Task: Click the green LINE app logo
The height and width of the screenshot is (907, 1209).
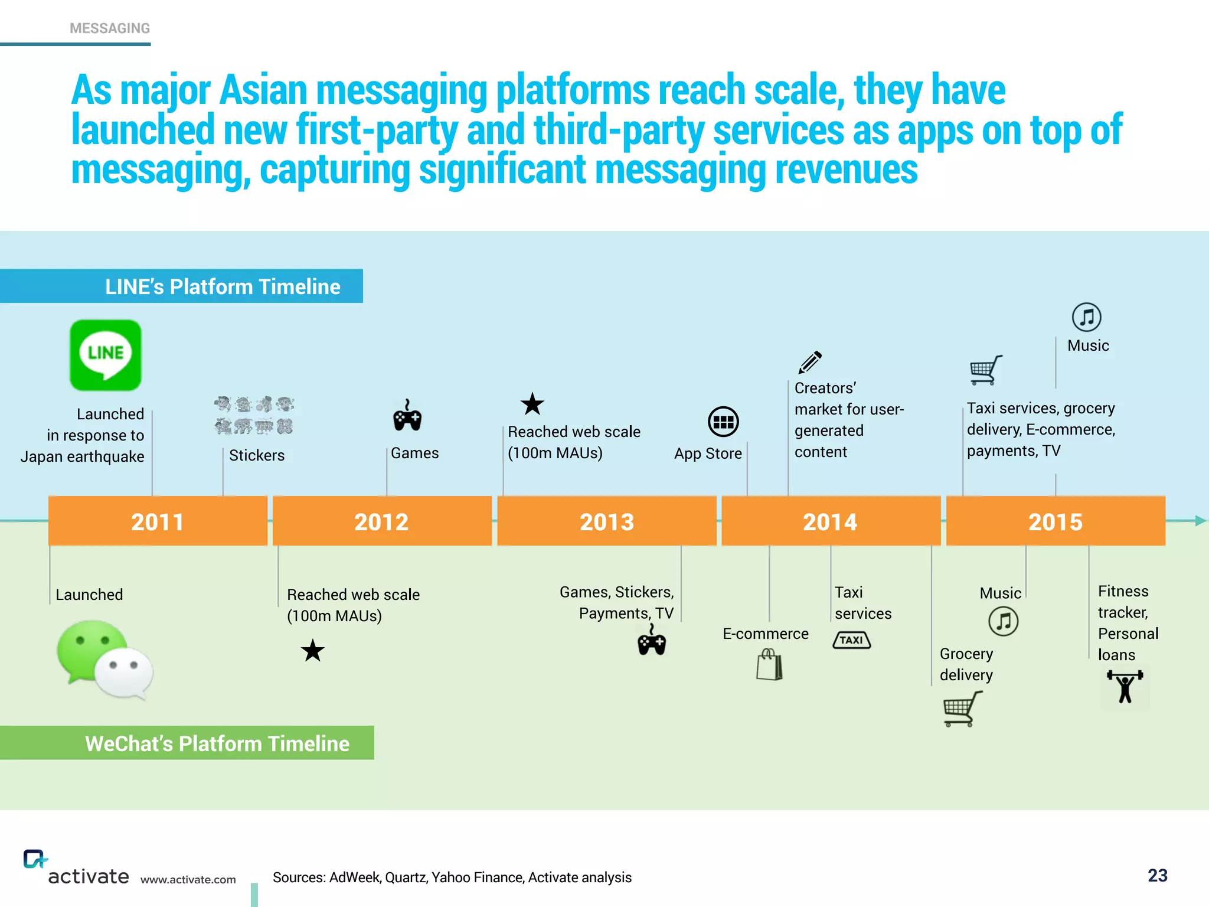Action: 106,355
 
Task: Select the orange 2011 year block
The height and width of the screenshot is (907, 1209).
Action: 158,521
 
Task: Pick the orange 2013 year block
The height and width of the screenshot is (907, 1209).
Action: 607,521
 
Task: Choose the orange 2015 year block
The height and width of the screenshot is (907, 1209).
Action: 1056,521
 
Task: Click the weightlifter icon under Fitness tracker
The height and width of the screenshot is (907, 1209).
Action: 1125,687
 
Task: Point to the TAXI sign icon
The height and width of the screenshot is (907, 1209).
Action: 851,640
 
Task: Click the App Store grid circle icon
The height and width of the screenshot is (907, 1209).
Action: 723,422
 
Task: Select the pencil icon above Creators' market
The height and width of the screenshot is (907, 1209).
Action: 810,362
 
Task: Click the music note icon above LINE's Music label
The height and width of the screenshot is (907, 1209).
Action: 1086,317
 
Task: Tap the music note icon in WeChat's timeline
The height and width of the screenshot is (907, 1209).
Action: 1003,621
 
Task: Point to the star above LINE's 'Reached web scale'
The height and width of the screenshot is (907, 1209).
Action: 532,404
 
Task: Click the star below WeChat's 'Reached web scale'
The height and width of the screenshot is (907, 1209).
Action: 312,651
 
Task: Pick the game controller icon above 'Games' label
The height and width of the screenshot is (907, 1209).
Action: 407,416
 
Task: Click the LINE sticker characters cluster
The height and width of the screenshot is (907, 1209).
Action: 254,415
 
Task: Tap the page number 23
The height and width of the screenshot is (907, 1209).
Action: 1157,875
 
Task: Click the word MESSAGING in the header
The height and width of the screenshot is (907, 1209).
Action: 110,28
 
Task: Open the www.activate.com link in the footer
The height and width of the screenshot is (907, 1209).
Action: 188,879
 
